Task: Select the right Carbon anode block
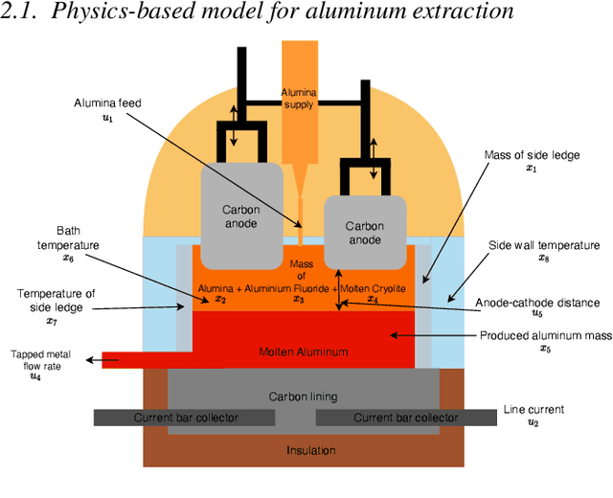pyautogui.click(x=364, y=233)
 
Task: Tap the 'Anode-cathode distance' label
pyautogui.click(x=538, y=304)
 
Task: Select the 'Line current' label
pyautogui.click(x=534, y=409)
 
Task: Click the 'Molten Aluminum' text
pyautogui.click(x=304, y=351)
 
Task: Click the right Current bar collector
pyautogui.click(x=405, y=418)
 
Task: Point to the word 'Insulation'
pyautogui.click(x=311, y=450)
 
